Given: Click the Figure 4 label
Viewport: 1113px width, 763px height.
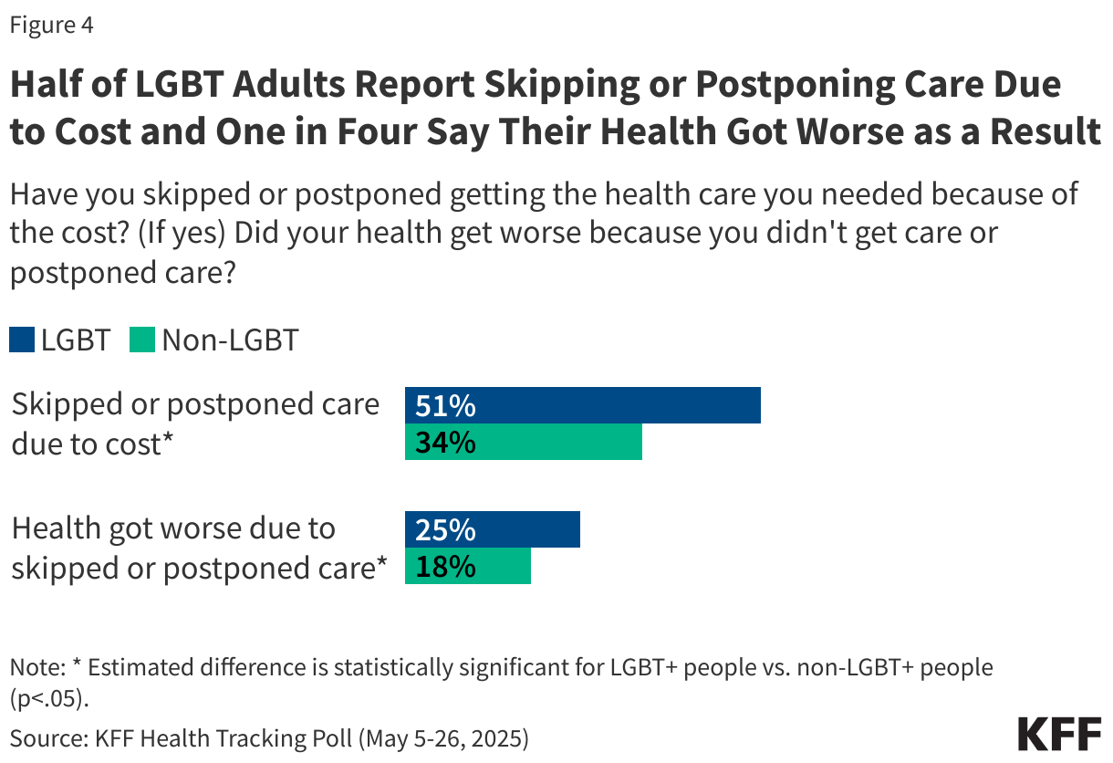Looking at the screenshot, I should (51, 26).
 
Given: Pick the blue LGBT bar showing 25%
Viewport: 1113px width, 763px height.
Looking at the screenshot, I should (492, 529).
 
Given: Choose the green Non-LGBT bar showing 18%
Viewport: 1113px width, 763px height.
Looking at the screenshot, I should (467, 567).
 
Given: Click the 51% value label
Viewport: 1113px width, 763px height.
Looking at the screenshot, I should (445, 406).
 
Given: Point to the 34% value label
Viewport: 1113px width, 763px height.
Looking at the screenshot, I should (445, 443).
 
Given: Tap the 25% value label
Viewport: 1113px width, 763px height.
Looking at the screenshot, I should (445, 530).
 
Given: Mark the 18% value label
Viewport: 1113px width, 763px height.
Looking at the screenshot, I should (445, 567).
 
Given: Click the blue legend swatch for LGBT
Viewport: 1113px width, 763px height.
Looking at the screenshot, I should (22, 341).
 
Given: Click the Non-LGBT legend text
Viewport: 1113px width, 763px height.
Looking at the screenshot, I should (230, 341).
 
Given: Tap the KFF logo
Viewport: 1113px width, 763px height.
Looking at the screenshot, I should (1058, 733).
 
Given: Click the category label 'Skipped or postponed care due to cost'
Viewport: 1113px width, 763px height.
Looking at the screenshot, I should (195, 423).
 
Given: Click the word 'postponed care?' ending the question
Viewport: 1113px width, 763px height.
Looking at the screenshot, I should (124, 273).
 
